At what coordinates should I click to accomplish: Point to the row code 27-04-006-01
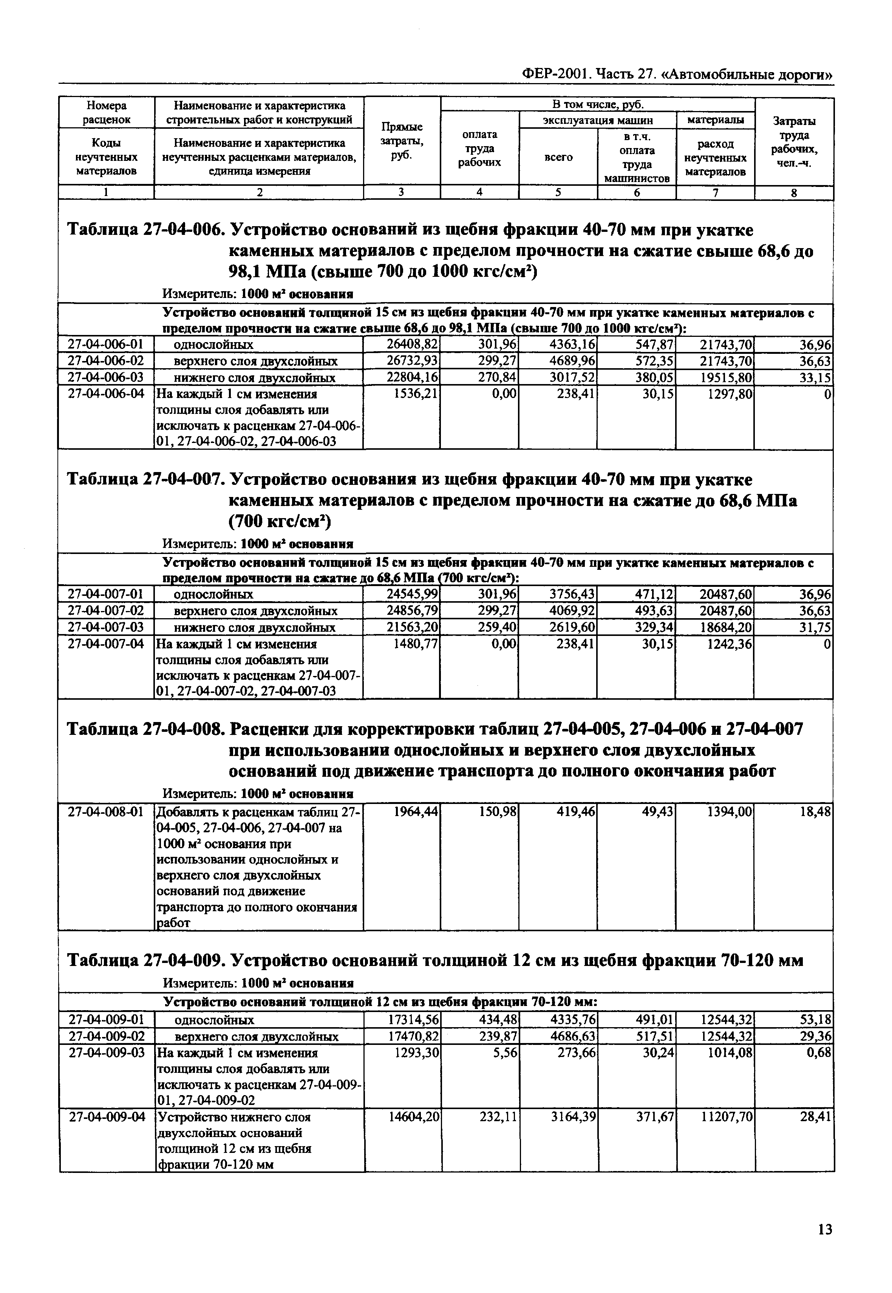[x=106, y=344]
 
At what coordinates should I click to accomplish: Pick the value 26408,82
[x=413, y=344]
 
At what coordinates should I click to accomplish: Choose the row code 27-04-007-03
[x=106, y=627]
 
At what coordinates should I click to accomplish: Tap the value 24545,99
[x=413, y=594]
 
